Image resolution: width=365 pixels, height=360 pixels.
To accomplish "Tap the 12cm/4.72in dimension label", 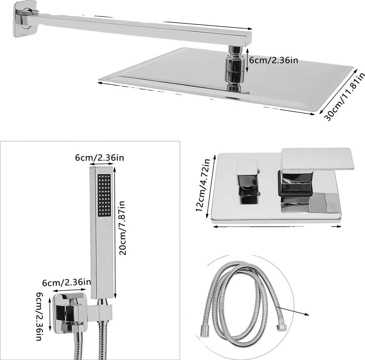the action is pos(202,185).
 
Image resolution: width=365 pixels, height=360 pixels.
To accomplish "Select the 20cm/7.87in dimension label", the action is pos(122,228).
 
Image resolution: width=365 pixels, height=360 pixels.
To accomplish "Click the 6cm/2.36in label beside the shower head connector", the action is pos(273,60).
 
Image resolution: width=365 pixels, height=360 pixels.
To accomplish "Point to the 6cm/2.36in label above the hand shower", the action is pos(99,158).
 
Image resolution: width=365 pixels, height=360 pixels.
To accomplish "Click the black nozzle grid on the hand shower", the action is pos(104,195).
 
